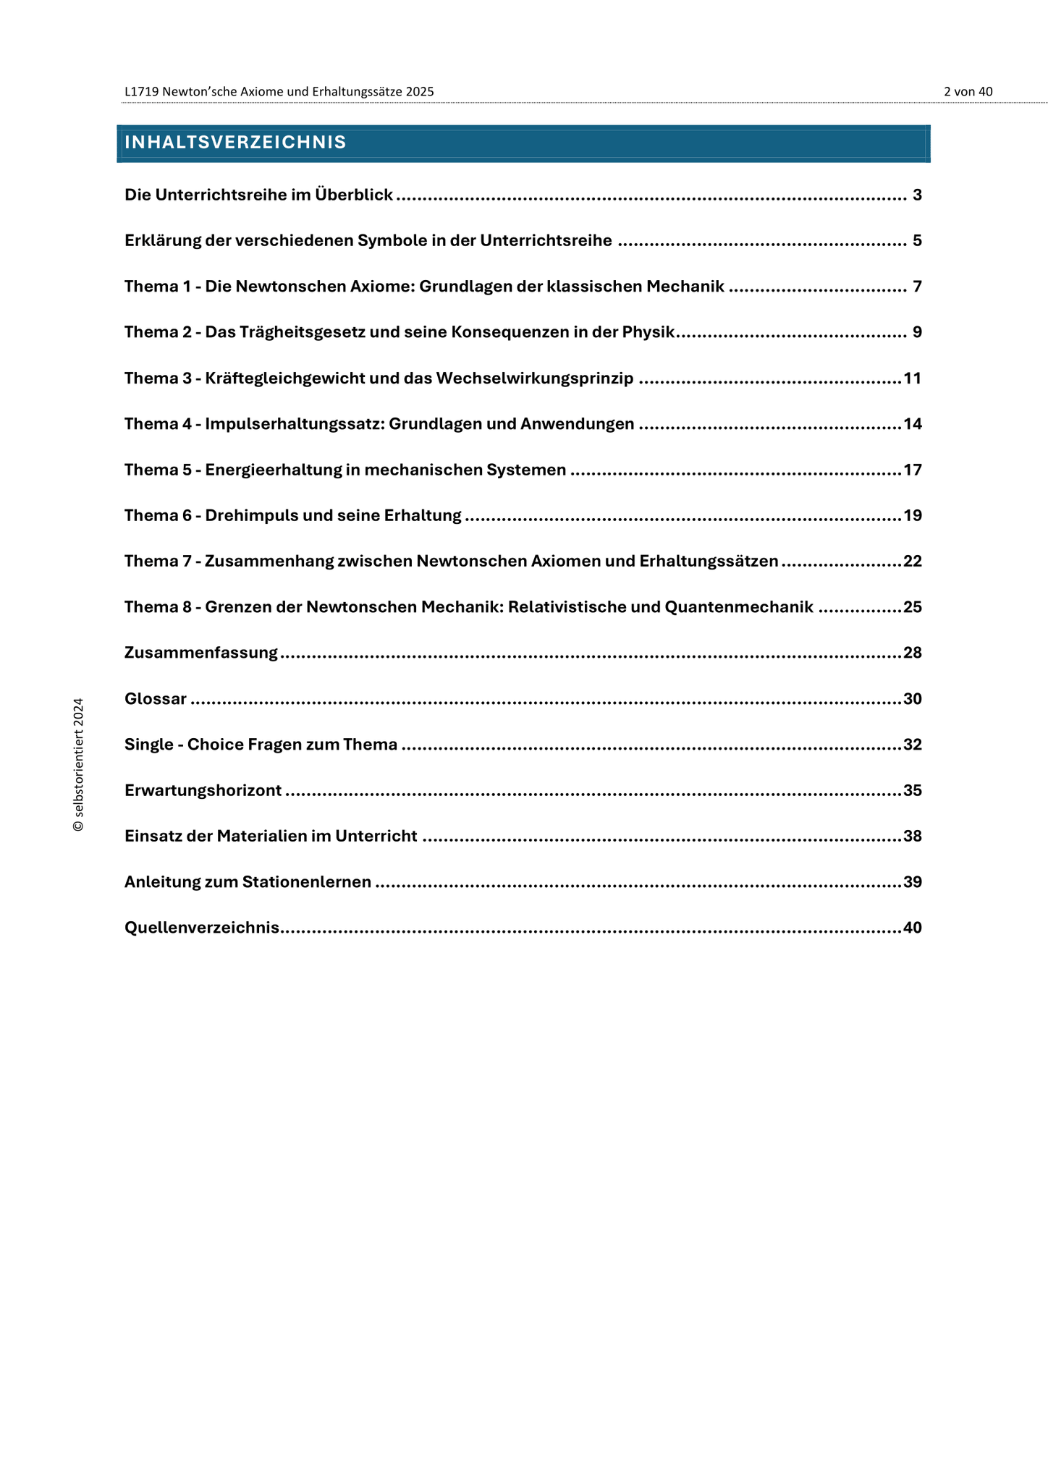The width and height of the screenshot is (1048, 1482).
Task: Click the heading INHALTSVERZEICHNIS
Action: [235, 143]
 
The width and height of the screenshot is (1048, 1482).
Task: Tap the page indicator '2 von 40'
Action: [968, 92]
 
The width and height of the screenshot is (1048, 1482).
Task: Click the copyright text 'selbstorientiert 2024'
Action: [79, 764]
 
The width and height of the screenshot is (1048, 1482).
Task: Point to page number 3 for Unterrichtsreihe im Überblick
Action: [917, 195]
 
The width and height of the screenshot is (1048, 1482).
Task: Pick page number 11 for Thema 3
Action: [912, 378]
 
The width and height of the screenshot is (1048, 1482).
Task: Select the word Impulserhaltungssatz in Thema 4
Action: [295, 424]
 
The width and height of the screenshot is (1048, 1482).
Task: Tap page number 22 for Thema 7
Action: [913, 562]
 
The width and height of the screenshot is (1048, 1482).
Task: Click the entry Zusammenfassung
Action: [201, 653]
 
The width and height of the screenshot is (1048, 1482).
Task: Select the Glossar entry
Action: [156, 699]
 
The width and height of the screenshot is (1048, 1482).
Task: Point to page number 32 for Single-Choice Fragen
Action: [913, 745]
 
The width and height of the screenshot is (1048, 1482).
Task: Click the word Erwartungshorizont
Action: [203, 791]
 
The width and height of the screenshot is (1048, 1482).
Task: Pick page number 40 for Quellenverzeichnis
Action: [913, 928]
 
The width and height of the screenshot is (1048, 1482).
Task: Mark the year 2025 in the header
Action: [420, 92]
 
